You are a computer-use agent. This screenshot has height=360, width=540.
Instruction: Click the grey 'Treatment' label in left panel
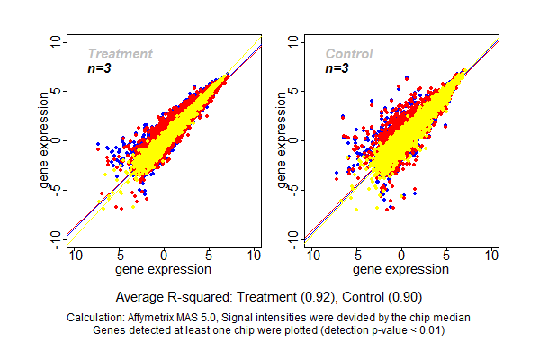point(120,54)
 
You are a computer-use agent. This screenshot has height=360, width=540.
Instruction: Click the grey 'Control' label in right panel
point(349,54)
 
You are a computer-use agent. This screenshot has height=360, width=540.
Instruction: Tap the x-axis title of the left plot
point(165,268)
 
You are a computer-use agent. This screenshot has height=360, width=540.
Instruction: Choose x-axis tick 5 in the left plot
point(209,256)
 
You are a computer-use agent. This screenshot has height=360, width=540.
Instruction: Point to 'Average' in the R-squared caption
point(141,296)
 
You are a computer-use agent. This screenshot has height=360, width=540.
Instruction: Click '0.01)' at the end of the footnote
point(430,329)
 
